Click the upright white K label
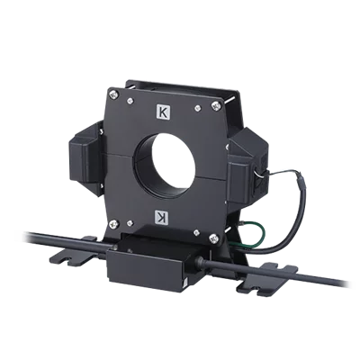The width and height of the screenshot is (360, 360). [x=162, y=112]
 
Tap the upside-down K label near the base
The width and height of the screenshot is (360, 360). [x=162, y=216]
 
